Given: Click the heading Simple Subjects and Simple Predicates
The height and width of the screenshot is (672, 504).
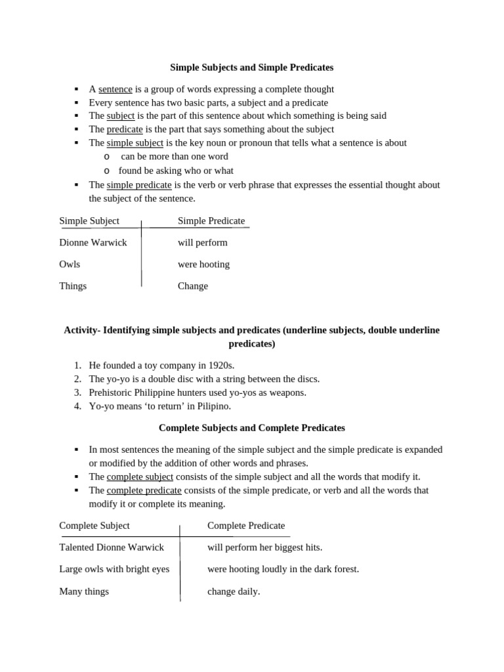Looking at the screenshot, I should [252, 67].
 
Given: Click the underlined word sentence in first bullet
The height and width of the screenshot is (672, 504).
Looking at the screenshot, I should [115, 89].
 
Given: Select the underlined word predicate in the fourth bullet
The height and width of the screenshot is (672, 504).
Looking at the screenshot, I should [125, 129].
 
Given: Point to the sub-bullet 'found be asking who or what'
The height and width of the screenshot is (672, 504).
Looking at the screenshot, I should [176, 171].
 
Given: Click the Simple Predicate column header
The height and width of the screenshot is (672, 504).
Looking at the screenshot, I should [211, 221].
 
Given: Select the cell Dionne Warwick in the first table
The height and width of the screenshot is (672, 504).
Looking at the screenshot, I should [93, 243].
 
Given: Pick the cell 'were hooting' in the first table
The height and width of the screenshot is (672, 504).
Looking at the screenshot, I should [203, 264].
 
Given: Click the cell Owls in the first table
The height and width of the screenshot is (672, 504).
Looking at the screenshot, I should [70, 264].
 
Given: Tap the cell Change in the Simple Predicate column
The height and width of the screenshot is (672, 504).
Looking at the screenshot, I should [193, 286].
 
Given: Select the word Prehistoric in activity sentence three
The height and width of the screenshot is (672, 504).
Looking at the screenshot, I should [112, 392].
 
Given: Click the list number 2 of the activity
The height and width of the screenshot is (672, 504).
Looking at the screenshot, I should [77, 379].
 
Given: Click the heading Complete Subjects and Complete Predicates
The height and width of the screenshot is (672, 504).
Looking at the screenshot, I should [252, 428].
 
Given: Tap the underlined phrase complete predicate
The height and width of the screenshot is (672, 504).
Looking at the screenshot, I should [144, 490].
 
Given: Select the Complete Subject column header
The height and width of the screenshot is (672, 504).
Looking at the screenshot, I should [94, 526].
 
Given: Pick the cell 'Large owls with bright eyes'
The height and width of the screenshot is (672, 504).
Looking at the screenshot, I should [114, 570].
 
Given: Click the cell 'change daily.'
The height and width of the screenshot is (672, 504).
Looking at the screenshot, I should [234, 591].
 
